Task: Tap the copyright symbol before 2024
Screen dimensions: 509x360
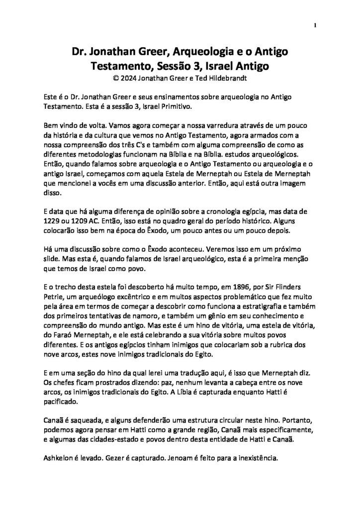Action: (x=116, y=78)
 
